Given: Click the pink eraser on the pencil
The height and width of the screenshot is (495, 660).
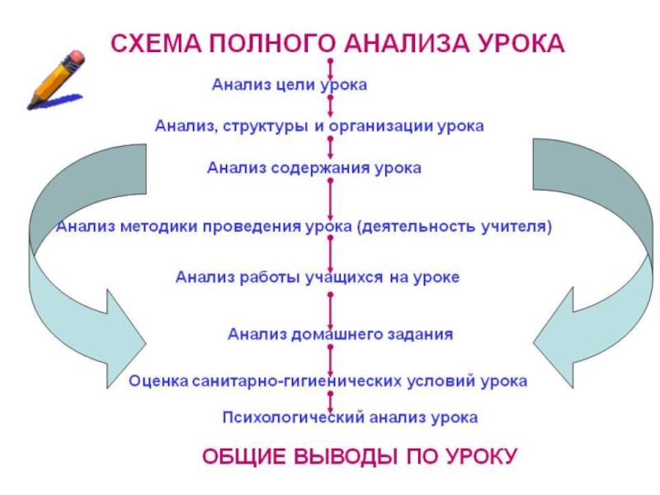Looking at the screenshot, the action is coord(76,59).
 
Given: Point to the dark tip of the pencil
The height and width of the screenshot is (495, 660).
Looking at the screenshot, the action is coord(31,105).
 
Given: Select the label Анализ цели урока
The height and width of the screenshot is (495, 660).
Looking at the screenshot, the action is coord(290,85).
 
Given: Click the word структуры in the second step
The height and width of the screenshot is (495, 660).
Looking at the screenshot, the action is coord(266,126).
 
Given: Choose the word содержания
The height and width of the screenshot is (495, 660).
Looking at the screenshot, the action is coord(320,168).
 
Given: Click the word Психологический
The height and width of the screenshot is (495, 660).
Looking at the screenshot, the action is coord(294,417).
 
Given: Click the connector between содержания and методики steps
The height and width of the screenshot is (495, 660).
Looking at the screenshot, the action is coord(331,199).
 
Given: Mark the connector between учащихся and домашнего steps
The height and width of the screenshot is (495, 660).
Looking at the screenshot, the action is coord(331,311).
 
